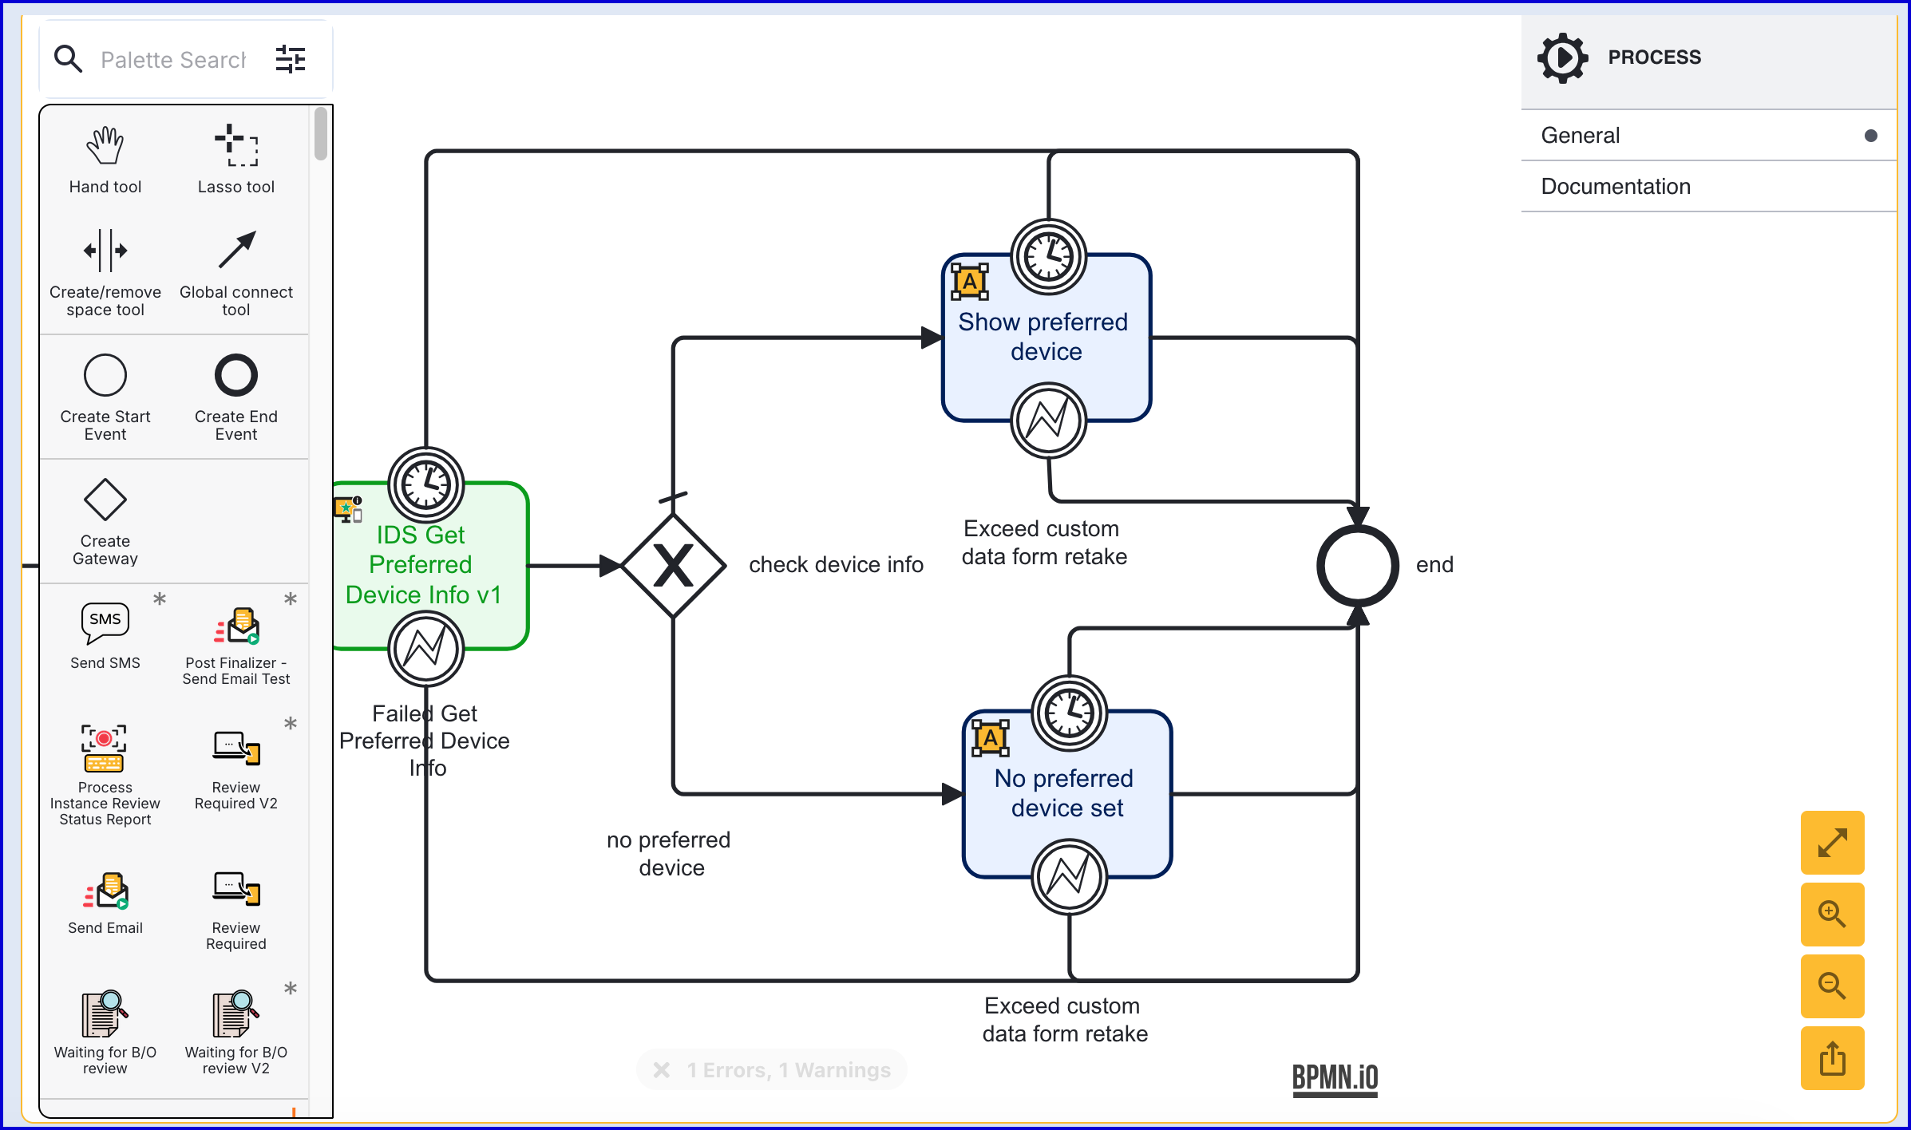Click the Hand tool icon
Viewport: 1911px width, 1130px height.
tap(105, 147)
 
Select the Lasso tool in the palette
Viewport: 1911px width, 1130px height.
tap(236, 147)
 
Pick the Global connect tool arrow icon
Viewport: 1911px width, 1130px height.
tap(236, 251)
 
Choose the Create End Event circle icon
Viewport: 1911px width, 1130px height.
tap(236, 375)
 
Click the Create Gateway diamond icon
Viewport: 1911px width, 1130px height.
tap(105, 500)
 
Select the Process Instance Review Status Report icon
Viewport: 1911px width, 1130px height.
tap(104, 749)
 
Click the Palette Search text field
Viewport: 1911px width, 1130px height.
tap(172, 60)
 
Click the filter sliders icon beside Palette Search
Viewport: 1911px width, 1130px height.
tap(291, 60)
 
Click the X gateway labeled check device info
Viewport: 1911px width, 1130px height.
tap(673, 566)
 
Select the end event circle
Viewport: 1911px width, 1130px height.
tap(1357, 566)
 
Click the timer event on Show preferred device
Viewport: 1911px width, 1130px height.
tap(1048, 257)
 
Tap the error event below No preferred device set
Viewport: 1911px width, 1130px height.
tap(1069, 876)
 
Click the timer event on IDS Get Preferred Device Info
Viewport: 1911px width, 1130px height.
tap(426, 485)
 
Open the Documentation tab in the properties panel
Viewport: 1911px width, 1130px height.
tap(1616, 187)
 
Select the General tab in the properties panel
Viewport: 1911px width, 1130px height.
tap(1581, 136)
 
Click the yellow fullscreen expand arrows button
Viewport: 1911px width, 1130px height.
tap(1832, 843)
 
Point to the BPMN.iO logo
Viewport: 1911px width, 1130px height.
tap(1335, 1078)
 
